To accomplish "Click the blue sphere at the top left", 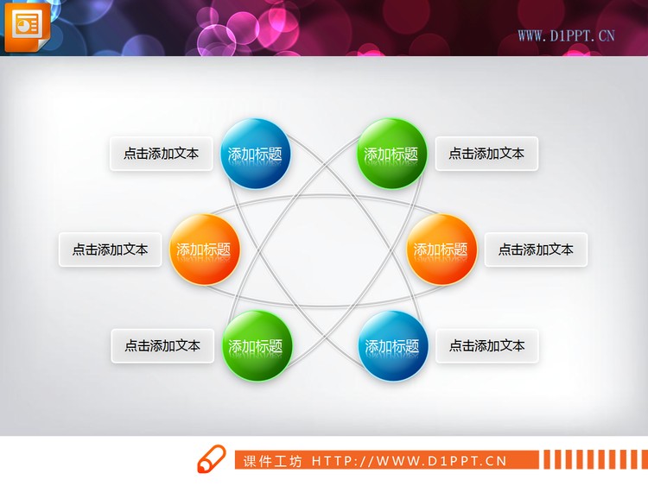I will coord(255,154).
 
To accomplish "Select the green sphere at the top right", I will coord(391,154).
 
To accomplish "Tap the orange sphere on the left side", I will coord(204,249).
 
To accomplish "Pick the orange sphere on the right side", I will coord(441,249).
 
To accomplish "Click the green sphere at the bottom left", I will coord(257,345).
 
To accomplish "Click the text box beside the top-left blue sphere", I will coord(161,154).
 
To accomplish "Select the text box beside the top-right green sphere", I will coord(486,154).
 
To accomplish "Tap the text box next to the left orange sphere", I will coord(110,249).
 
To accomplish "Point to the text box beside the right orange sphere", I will coord(536,249).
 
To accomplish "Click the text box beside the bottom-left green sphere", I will coord(162,345).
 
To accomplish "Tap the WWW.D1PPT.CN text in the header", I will coord(566,35).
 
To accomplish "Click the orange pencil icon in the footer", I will coord(210,459).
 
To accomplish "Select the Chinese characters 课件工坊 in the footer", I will coord(272,461).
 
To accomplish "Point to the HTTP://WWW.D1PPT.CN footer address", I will coord(409,461).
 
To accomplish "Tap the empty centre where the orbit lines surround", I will coord(323,249).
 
